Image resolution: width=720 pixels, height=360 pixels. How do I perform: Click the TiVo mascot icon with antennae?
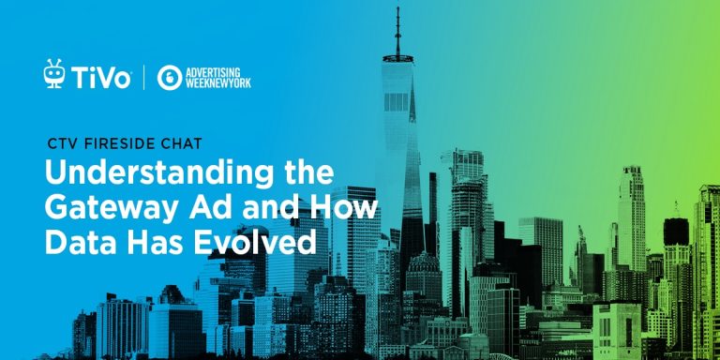coord(54,74)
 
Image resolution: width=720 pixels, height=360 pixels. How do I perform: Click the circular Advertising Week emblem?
coord(170,77)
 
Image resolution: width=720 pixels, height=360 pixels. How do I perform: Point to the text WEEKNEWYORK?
coord(217,83)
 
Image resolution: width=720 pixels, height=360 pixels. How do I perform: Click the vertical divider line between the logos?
coord(143,77)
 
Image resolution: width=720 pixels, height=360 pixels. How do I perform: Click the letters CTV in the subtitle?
coord(61,146)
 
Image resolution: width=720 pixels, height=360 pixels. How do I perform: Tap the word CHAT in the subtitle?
coord(177,146)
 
